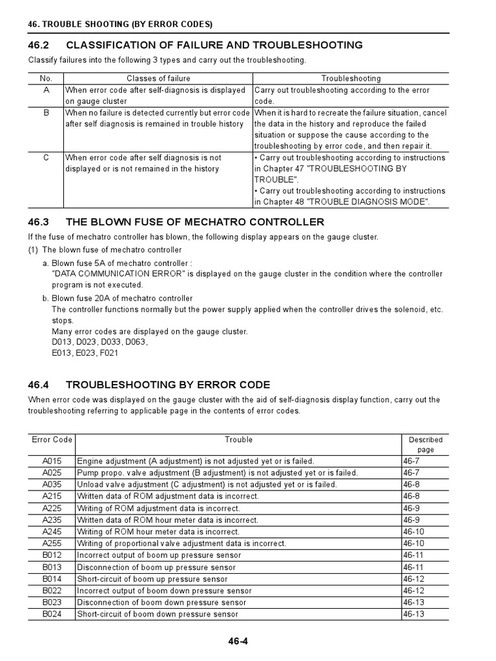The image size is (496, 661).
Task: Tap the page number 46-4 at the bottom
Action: point(239,641)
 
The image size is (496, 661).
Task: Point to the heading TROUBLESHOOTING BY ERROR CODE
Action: point(168,385)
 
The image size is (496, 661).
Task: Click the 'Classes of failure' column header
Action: point(158,79)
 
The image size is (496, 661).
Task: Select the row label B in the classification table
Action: point(45,112)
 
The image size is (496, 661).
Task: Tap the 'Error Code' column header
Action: point(52,440)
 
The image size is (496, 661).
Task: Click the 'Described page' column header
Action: point(426,445)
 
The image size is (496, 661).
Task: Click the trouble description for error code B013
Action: point(156,567)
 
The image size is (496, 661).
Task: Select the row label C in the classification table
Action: point(45,158)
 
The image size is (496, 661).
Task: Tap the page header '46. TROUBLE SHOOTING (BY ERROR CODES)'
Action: point(120,25)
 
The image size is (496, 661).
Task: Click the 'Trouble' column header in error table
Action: point(238,440)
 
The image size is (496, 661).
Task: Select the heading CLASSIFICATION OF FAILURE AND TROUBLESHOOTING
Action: point(214,45)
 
